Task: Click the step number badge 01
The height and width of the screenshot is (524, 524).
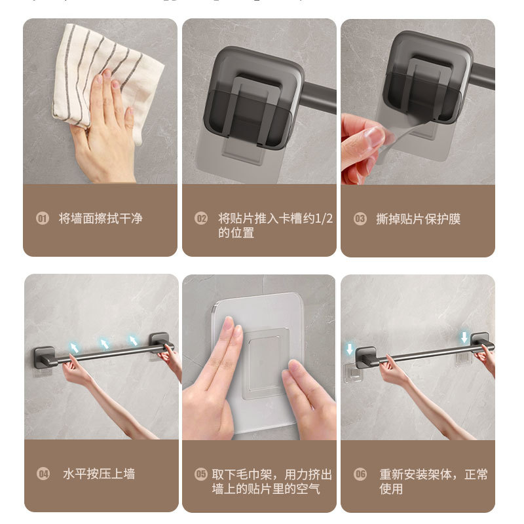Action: (x=43, y=219)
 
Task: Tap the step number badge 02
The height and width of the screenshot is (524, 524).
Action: (x=201, y=219)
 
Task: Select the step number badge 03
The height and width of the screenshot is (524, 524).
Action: (x=360, y=219)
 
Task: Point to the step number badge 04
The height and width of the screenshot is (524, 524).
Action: (x=43, y=474)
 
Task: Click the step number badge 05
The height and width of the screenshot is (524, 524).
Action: (x=201, y=474)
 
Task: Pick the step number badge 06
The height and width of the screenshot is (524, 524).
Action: (x=360, y=474)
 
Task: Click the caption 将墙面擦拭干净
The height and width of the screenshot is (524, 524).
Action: (x=100, y=219)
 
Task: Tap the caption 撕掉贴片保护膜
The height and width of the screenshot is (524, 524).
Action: (x=418, y=219)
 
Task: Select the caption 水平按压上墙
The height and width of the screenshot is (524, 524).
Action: (x=99, y=474)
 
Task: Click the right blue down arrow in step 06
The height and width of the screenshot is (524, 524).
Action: (x=464, y=337)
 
